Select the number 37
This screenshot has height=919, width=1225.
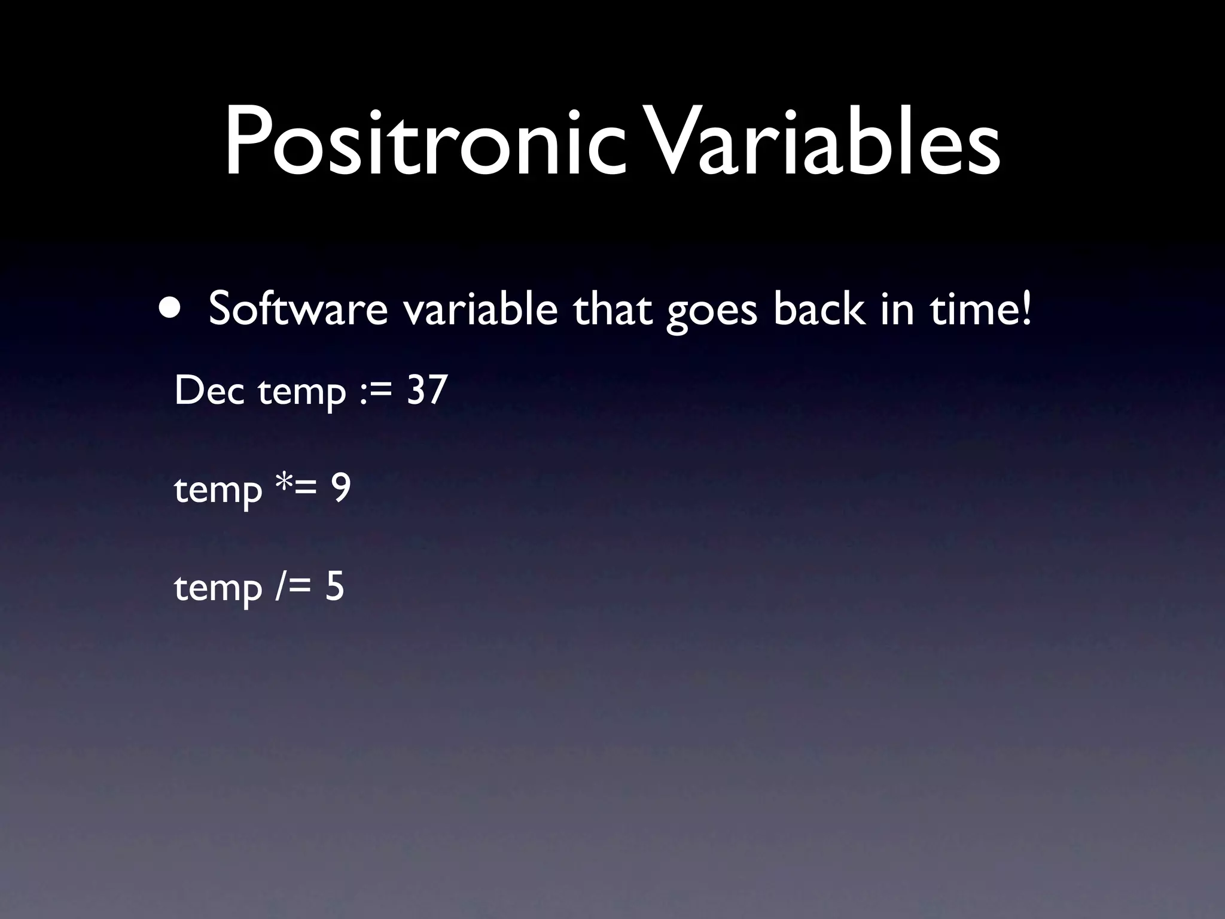[x=426, y=391]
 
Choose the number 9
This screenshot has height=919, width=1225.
[x=341, y=489]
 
